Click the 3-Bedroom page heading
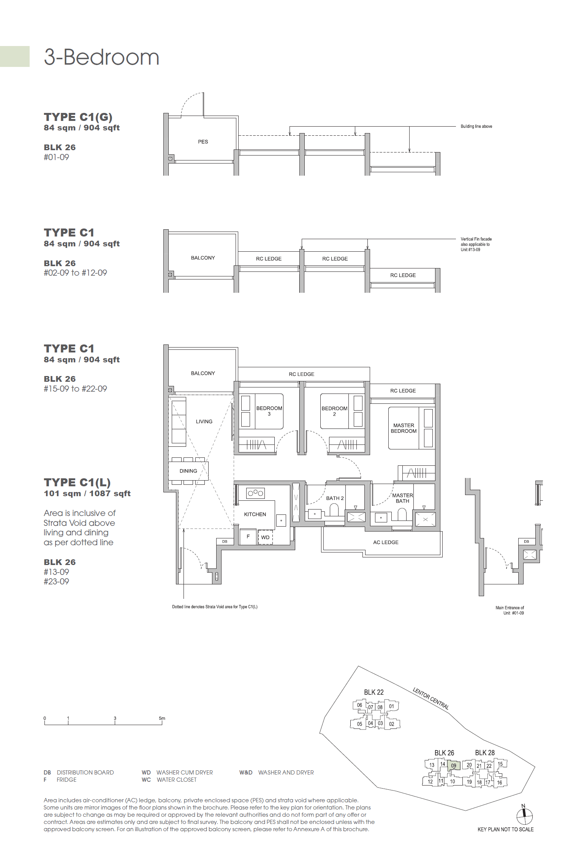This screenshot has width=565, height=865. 101,57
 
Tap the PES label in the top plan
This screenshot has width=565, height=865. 203,142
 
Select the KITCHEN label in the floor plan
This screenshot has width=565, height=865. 255,514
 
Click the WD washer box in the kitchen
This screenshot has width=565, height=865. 265,537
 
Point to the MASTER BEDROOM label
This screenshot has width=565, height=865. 404,428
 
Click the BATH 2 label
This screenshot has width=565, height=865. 335,498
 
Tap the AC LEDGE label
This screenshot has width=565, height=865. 386,542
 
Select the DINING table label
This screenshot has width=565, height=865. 188,471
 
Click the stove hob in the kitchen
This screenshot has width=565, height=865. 255,493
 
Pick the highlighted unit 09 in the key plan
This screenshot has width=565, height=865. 454,766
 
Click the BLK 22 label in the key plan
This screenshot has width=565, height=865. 374,692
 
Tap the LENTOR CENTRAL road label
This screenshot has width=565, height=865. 431,698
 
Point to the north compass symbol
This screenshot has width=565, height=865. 524,815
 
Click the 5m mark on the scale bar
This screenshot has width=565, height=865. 162,718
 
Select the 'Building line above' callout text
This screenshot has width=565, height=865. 476,126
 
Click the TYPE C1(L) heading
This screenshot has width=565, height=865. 77,482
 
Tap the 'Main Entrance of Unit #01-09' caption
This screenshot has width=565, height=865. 510,610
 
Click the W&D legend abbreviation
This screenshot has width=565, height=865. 246,772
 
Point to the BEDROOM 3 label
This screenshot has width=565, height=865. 269,411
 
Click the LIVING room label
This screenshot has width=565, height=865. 204,421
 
